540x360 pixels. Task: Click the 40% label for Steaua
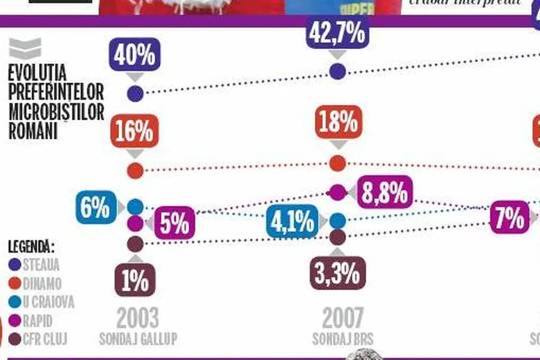[x=135, y=55]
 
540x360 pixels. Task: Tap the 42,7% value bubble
[x=337, y=33]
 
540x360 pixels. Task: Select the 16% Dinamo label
[x=134, y=131]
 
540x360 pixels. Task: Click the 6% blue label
[x=95, y=209]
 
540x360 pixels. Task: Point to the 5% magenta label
[x=174, y=223]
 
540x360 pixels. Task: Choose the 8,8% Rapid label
[x=384, y=192]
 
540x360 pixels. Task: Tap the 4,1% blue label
[x=292, y=222]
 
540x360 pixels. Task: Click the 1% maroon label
[x=135, y=280]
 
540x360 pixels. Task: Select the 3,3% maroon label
[x=337, y=274]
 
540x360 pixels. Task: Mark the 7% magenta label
[x=509, y=218]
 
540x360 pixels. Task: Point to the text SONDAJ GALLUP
[x=138, y=339]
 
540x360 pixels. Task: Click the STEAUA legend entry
[x=41, y=265]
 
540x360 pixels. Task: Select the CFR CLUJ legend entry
[x=45, y=339]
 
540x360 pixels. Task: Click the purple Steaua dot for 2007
[x=337, y=71]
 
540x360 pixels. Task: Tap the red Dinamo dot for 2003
[x=135, y=170]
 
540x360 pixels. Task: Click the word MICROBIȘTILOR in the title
[x=56, y=112]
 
